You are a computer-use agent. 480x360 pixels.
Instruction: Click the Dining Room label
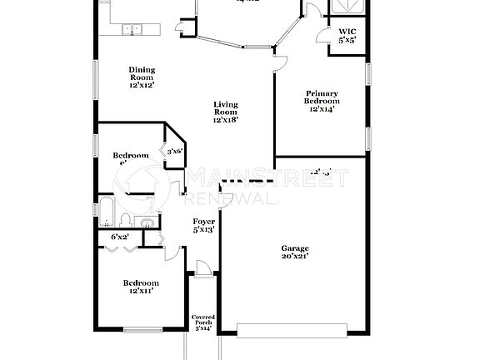point(141,77)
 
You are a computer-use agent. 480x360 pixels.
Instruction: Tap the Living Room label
point(225,112)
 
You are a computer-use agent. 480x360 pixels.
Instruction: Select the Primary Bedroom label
point(321,101)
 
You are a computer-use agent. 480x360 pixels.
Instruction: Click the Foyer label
point(203,226)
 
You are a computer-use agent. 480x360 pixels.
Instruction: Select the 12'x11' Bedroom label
point(140,287)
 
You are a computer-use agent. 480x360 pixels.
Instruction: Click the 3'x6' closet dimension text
point(174,151)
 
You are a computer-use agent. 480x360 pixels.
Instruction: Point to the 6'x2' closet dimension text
point(120,237)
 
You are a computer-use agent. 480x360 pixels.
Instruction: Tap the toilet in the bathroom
point(124,220)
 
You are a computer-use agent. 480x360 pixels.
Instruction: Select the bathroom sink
point(146,222)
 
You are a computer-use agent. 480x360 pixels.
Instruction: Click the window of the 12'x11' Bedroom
point(142,330)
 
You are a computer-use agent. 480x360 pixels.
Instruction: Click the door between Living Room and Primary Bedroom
point(281,62)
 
